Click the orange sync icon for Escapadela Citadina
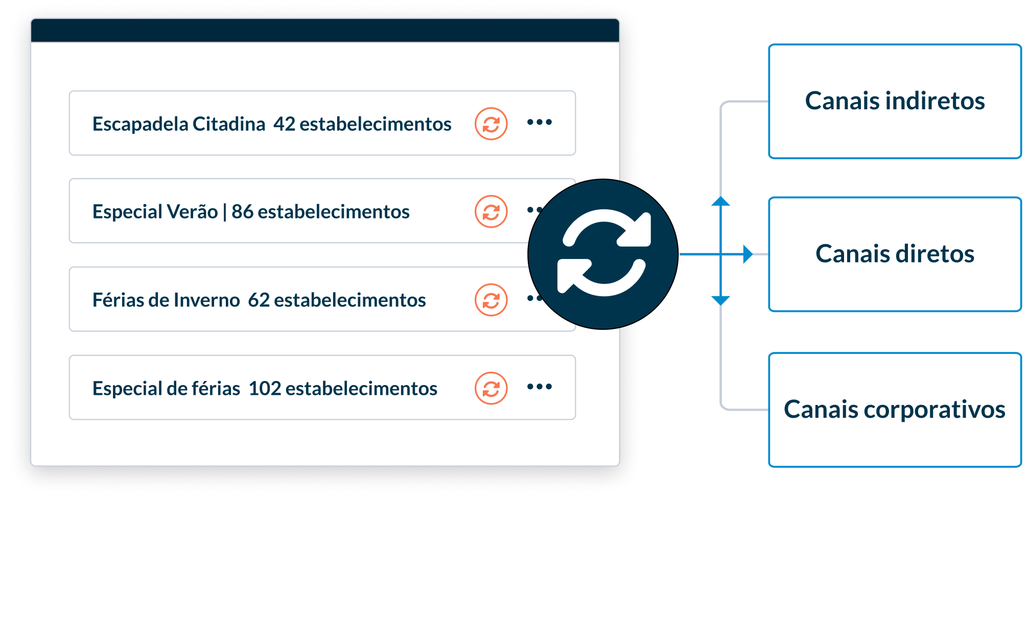coord(491,124)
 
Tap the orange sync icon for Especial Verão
coord(491,211)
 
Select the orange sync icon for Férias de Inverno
coord(491,300)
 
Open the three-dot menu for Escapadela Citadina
coord(540,122)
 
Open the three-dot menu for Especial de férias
coord(540,387)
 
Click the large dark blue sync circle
coord(603,254)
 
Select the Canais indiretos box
coord(895,101)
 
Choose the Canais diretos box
coord(895,254)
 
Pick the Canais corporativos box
coord(895,410)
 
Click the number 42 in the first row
coord(284,124)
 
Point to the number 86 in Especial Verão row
coord(242,212)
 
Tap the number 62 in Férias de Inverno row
coord(259,300)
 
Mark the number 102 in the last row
coord(265,389)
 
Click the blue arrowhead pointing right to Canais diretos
coord(747,254)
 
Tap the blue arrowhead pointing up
coord(720,201)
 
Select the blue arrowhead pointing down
coord(720,300)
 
